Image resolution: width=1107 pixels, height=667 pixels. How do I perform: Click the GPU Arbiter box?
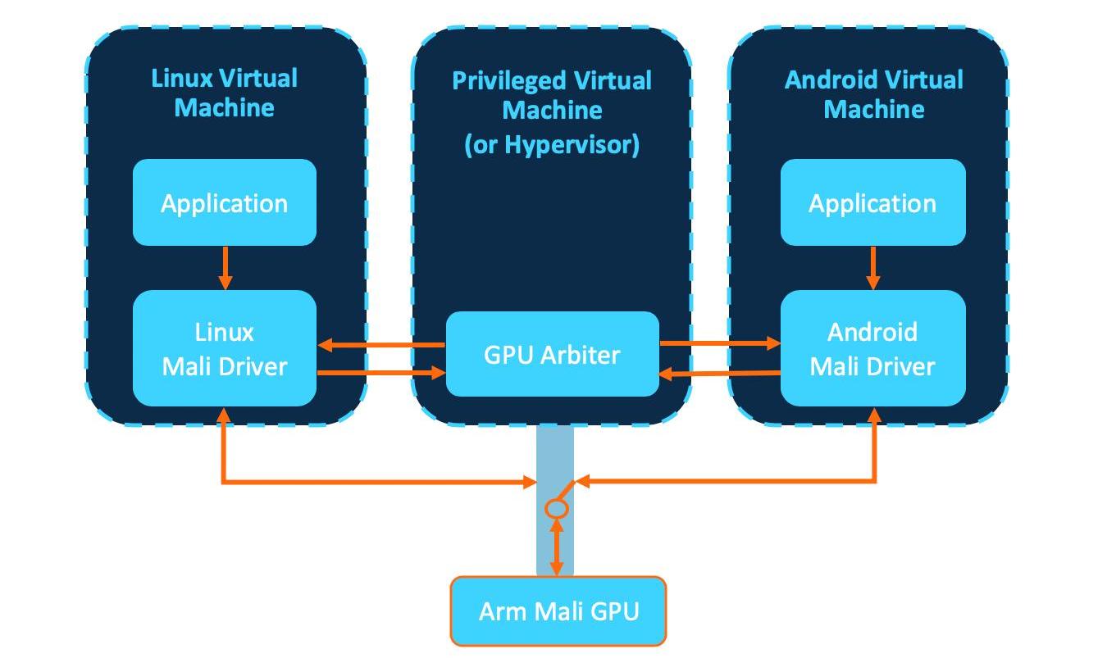tap(553, 354)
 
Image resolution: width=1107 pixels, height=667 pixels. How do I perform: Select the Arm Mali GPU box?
tap(558, 611)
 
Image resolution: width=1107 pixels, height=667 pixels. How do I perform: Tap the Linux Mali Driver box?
tap(225, 348)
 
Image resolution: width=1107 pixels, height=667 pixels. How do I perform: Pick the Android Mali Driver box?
tap(872, 348)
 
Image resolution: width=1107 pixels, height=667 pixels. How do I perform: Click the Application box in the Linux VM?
tap(225, 202)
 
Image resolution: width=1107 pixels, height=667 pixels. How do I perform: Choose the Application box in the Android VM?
tap(872, 202)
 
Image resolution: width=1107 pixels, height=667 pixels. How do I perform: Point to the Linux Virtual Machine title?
tap(225, 93)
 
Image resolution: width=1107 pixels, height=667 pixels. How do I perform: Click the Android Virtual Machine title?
tap(874, 94)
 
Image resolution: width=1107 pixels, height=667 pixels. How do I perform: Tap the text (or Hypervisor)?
tap(552, 145)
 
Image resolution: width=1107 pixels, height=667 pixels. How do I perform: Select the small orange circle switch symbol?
tap(557, 508)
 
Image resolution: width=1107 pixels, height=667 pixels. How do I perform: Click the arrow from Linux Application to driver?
tap(225, 268)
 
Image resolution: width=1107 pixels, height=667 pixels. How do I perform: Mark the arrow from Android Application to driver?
tap(873, 268)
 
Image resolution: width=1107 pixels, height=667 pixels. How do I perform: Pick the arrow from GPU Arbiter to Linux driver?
tap(381, 345)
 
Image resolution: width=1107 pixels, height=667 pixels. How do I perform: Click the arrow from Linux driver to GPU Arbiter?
tap(381, 372)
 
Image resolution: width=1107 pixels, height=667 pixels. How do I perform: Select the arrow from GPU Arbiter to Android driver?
tap(720, 343)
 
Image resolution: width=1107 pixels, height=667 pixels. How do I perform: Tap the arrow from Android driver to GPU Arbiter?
tap(720, 374)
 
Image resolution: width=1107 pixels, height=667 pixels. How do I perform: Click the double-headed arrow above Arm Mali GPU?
tap(557, 547)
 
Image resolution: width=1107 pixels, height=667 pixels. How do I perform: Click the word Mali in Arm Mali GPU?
tap(559, 611)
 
